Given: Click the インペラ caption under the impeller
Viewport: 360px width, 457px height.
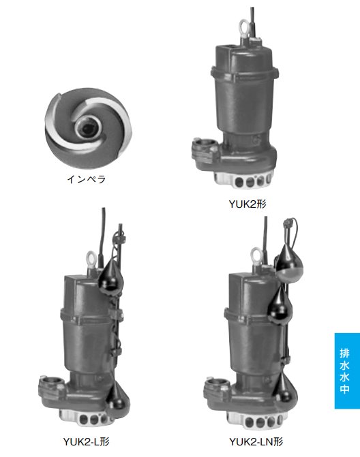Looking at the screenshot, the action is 87,179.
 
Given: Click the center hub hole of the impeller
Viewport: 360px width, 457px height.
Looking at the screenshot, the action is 87,127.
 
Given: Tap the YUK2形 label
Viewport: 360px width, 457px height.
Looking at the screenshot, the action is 247,204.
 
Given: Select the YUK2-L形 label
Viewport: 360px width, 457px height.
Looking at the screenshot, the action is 87,441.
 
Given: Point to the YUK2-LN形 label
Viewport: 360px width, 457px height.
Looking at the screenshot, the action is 256,441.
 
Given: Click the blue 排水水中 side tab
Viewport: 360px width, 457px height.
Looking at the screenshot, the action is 347,371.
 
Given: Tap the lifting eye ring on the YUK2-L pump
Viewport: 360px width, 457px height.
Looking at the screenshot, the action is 91,260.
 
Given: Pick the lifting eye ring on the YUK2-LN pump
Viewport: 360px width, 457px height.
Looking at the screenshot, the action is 257,257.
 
